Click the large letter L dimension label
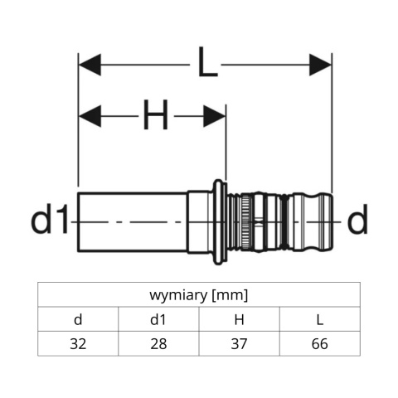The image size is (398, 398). (206, 63)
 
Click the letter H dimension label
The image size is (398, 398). (155, 116)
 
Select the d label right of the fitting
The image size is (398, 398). (357, 221)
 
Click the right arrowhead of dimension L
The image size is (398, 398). (320, 65)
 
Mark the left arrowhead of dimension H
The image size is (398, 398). (90, 116)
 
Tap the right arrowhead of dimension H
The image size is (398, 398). (214, 116)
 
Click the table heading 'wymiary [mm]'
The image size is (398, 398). (199, 295)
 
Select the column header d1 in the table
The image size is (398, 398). (158, 319)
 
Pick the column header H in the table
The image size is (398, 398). (239, 319)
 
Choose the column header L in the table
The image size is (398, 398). (319, 319)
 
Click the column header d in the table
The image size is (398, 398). (78, 319)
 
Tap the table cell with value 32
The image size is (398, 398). (78, 343)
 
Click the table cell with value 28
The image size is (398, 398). (158, 343)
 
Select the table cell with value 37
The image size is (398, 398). (239, 343)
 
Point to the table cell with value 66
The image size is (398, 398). (319, 343)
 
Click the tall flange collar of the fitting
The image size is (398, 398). (218, 221)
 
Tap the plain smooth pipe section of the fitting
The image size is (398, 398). (133, 221)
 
